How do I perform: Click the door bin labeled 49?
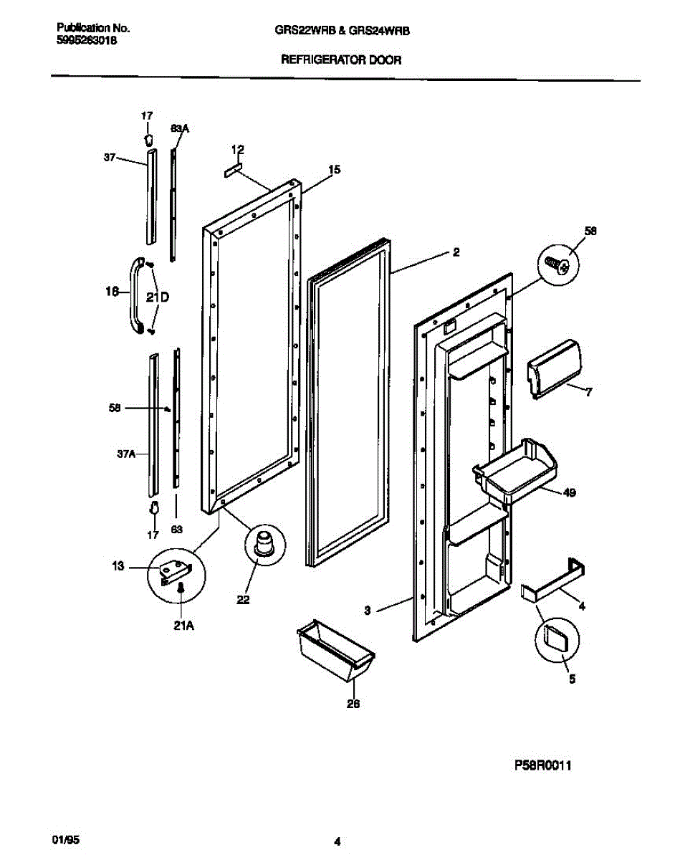(514, 470)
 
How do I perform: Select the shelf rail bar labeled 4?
(554, 581)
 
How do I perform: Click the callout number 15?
(334, 170)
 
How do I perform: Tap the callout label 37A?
(126, 454)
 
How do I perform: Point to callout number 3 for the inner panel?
(367, 611)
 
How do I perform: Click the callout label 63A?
(180, 128)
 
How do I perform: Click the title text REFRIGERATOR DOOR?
(341, 61)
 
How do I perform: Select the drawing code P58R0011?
(543, 765)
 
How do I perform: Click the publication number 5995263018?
(87, 42)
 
